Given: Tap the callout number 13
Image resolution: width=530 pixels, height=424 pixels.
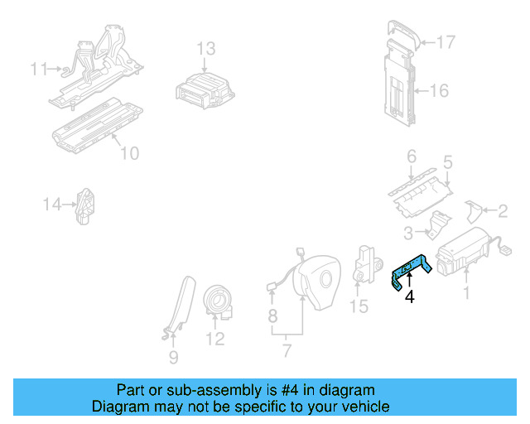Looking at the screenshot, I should coord(205,48).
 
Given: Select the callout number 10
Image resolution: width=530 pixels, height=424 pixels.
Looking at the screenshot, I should coord(130,152).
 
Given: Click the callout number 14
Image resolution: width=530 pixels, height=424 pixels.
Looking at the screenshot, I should coord(53,203).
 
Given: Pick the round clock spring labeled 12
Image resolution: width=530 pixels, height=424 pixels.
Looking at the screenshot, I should coord(220,300).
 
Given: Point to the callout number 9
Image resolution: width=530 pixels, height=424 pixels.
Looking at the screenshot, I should coord(173,359).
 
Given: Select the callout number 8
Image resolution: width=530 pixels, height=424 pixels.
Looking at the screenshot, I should coord(272,316).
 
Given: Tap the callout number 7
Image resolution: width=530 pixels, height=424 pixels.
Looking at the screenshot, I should coord(287,351).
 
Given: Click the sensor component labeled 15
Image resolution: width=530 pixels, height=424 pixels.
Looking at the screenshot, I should coord(365,263).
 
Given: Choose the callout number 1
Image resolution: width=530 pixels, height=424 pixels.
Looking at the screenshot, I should coord(465,292).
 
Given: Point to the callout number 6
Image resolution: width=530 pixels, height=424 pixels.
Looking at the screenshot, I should coord(411,156).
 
